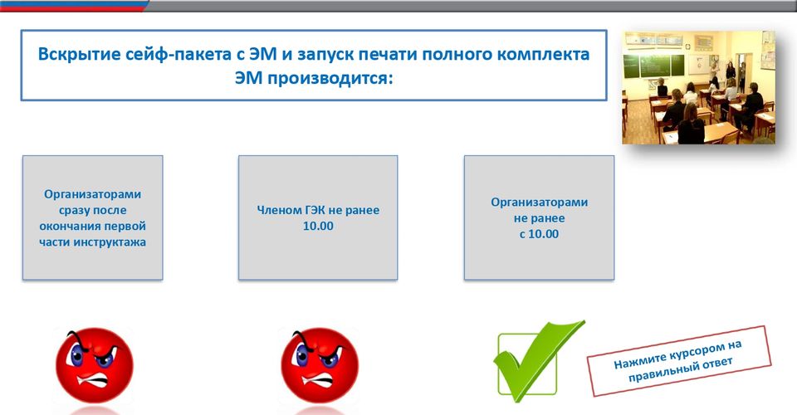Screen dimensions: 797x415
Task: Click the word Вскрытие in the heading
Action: tap(79, 54)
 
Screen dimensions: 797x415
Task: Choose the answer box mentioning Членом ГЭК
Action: tap(318, 217)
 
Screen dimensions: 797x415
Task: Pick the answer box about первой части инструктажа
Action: tap(92, 217)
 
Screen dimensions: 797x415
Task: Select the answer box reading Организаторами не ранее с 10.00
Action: tap(539, 217)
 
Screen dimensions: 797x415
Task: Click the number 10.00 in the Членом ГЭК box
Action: tap(318, 226)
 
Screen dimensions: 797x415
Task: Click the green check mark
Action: tap(535, 361)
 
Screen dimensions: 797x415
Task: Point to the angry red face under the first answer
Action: tap(94, 365)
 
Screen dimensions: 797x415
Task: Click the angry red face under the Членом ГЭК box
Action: tap(320, 365)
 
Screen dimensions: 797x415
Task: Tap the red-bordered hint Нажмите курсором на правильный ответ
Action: tap(679, 361)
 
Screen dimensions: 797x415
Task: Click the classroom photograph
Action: tap(699, 87)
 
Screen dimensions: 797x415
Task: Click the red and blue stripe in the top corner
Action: tap(74, 6)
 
